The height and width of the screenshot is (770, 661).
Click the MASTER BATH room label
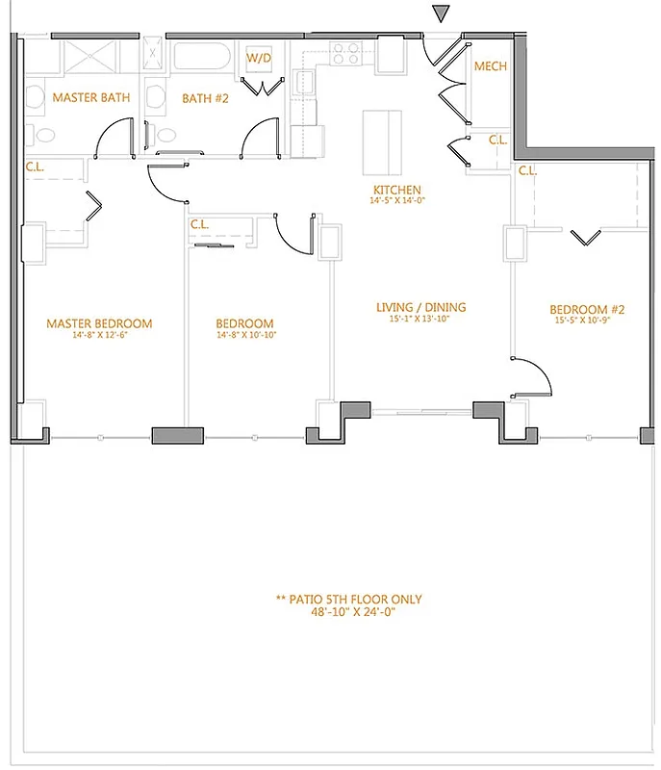(90, 98)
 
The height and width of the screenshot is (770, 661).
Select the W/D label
(259, 59)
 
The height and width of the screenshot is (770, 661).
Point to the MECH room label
(491, 67)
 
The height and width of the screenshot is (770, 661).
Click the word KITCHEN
(398, 190)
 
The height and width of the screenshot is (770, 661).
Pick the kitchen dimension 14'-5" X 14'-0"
(398, 201)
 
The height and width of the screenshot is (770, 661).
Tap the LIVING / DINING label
(420, 307)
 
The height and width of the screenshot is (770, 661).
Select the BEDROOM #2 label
(587, 309)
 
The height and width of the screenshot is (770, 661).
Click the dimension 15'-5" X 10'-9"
(587, 321)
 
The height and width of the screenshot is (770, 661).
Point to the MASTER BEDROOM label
(99, 323)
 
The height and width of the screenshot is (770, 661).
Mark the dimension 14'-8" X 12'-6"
(99, 335)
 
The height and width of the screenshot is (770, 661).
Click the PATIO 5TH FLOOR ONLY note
(348, 599)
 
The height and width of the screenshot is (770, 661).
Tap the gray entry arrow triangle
(441, 13)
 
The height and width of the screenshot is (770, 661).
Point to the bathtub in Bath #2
(202, 57)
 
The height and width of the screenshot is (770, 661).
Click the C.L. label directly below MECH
(496, 141)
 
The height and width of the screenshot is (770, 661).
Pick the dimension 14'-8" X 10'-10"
(244, 335)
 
